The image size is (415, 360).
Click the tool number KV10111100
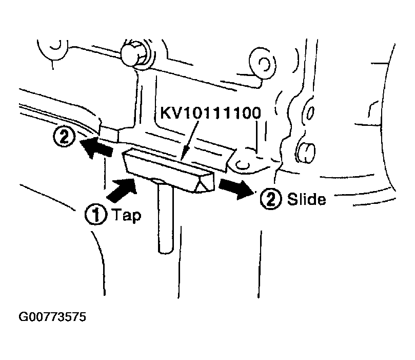[x=211, y=113]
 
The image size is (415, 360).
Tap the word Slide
[x=306, y=199]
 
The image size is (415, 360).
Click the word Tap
[x=127, y=215]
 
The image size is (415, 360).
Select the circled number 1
[x=96, y=214]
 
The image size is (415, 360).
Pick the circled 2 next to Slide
[x=271, y=199]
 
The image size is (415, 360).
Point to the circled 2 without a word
[x=64, y=137]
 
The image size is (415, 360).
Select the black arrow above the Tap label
[x=122, y=189]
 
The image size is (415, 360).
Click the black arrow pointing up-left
[x=96, y=148]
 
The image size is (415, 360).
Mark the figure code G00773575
[x=52, y=317]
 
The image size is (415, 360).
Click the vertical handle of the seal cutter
[x=166, y=217]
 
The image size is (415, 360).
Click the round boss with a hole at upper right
[x=263, y=63]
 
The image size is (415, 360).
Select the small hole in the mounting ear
[x=243, y=165]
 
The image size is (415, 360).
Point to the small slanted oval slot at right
[x=310, y=113]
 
